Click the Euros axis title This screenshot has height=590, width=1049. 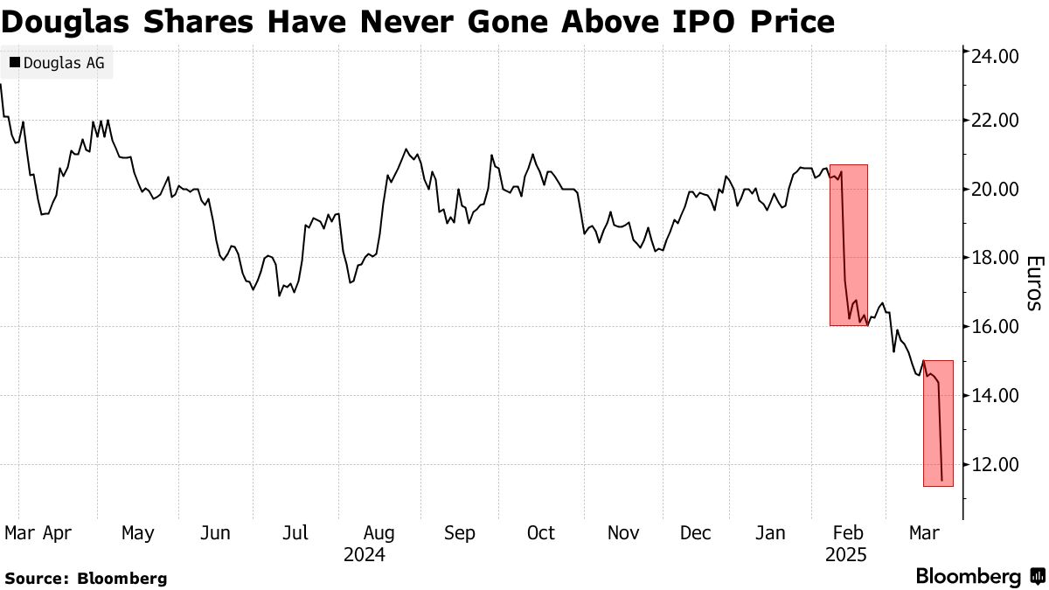(1033, 283)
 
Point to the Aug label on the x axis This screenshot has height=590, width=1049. (379, 532)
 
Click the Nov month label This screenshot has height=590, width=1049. (622, 532)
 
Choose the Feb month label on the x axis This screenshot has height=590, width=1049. (845, 532)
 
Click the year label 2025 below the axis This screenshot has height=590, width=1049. (845, 555)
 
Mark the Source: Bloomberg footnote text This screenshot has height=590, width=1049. (86, 578)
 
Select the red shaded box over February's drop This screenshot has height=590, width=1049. (849, 245)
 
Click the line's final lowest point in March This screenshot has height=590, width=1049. (941, 480)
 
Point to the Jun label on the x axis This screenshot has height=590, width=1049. (215, 532)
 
